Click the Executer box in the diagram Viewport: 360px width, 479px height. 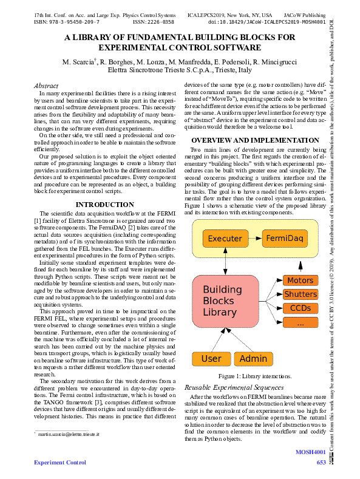225,239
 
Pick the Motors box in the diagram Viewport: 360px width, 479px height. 300,280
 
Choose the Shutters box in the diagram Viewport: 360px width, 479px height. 300,294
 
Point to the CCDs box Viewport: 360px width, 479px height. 300,308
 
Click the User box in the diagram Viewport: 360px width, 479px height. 211,359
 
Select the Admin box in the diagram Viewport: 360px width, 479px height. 253,359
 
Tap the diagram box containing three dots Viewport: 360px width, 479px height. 300,323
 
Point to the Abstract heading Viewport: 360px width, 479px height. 46,86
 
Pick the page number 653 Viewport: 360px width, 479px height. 322,463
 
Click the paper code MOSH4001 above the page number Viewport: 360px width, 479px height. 311,452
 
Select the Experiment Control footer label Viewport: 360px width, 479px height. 59,463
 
